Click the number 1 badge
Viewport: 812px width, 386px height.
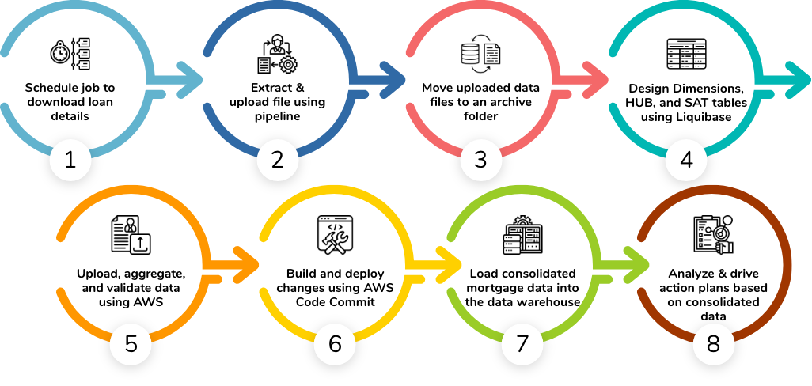(70, 161)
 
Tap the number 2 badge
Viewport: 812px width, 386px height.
(277, 161)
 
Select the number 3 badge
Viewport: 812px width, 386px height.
(480, 161)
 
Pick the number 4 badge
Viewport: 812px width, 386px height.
(686, 161)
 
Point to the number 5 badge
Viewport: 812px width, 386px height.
(131, 344)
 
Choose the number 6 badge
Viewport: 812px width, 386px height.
(335, 344)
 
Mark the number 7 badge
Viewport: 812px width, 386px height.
(522, 344)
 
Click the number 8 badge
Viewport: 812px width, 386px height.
(713, 344)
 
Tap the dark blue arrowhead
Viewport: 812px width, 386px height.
(395, 80)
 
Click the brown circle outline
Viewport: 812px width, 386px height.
(788, 264)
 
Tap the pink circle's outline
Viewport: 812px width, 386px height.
(480, 6)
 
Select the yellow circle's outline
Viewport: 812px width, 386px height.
(334, 190)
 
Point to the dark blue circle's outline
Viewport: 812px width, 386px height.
(277, 6)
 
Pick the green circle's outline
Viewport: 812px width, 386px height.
(521, 190)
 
